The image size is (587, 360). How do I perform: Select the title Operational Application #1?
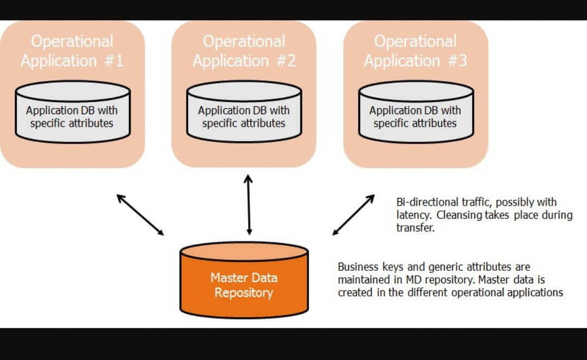pyautogui.click(x=72, y=51)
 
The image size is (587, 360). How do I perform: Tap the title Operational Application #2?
pyautogui.click(x=244, y=51)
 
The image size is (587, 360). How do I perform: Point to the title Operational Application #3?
pyautogui.click(x=415, y=51)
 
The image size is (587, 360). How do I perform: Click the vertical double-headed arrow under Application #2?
pyautogui.click(x=249, y=204)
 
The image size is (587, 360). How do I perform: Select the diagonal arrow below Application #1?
pyautogui.click(x=140, y=214)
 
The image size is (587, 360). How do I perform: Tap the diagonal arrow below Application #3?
pyautogui.click(x=354, y=214)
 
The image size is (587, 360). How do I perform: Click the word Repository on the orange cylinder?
pyautogui.click(x=244, y=293)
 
